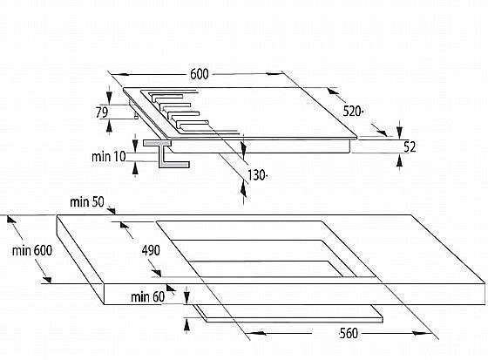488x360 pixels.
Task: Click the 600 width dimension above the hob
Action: point(200,74)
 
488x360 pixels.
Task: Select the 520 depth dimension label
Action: point(352,112)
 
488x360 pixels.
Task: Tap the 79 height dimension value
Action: point(102,112)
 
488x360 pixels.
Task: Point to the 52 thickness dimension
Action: point(410,147)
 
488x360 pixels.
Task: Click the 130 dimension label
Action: point(257,175)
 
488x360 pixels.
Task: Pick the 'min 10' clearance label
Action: point(109,156)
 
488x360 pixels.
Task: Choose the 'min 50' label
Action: point(87,202)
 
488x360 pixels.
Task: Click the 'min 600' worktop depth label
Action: point(32,250)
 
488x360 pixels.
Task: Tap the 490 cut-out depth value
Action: point(151,250)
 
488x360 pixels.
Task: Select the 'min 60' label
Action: point(147,296)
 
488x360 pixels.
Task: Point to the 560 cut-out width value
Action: point(349,334)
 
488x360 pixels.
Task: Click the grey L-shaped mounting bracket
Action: point(165,153)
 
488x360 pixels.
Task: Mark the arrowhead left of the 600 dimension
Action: point(119,74)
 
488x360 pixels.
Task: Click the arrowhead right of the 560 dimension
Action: point(422,334)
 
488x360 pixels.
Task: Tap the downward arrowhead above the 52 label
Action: point(400,131)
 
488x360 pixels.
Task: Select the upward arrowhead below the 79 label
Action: point(109,126)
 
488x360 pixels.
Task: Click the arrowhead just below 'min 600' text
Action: point(47,280)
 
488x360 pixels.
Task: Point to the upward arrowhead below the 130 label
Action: point(243,190)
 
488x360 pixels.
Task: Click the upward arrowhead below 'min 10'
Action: point(135,168)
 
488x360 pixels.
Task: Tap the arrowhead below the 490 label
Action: point(156,273)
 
